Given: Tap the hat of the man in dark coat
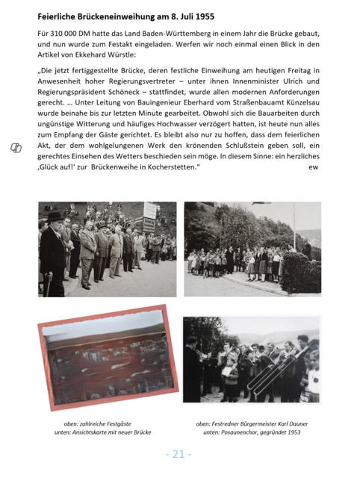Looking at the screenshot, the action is pyautogui.click(x=55, y=217).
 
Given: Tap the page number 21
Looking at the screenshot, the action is pyautogui.click(x=179, y=454).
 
